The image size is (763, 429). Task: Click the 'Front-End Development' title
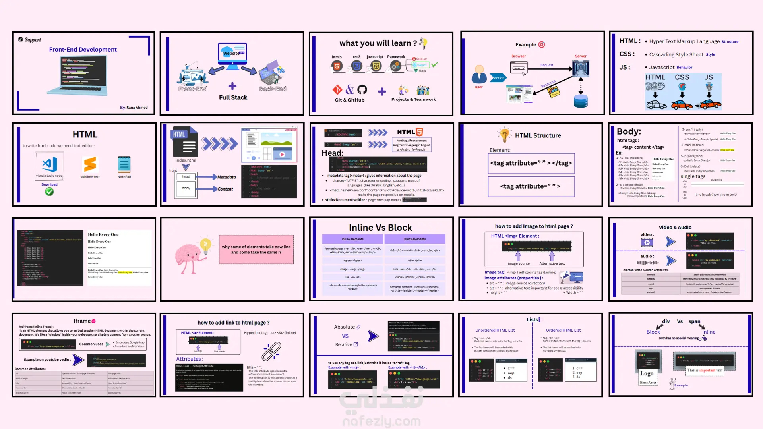tap(83, 50)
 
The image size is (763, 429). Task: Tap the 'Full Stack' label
tap(233, 97)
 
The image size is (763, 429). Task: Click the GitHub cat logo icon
tap(362, 89)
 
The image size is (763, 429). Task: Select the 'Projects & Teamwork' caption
tap(413, 99)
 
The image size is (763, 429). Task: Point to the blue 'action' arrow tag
tap(498, 78)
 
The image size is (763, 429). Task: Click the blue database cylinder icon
tap(581, 101)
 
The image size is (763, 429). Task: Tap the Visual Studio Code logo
tap(49, 164)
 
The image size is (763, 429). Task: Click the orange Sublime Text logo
tap(90, 164)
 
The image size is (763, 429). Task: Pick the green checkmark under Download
tap(49, 192)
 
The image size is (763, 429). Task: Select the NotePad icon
tap(124, 164)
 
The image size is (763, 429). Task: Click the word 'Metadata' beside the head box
tap(227, 177)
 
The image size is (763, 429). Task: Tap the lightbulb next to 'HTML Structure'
tap(504, 135)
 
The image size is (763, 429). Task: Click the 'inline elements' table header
tap(352, 239)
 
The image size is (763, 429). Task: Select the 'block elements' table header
tap(414, 239)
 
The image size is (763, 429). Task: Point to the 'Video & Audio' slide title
tap(675, 228)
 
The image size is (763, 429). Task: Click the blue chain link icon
tap(271, 351)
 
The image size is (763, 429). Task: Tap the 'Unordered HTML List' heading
tap(495, 330)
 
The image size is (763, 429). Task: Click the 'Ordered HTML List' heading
tap(563, 330)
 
